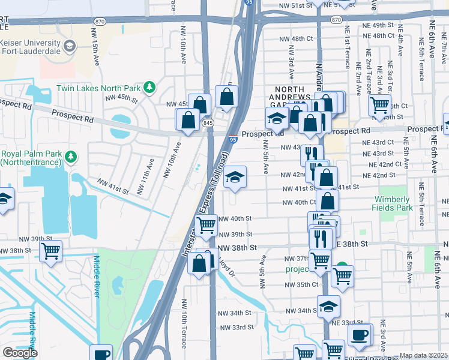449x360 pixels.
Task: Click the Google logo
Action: [x=20, y=353]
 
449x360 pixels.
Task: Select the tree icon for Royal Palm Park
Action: [x=71, y=157]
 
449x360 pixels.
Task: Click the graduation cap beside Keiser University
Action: [x=70, y=46]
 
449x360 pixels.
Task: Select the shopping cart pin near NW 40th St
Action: [x=206, y=226]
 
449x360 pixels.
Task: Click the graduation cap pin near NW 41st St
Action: [x=235, y=176]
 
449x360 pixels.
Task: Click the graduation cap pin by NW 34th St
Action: [x=328, y=306]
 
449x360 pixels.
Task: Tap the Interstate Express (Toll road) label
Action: [x=206, y=204]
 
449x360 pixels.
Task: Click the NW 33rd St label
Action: [x=235, y=328]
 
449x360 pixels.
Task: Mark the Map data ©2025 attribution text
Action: [x=424, y=355]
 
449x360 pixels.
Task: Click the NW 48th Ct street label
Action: [x=297, y=38]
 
